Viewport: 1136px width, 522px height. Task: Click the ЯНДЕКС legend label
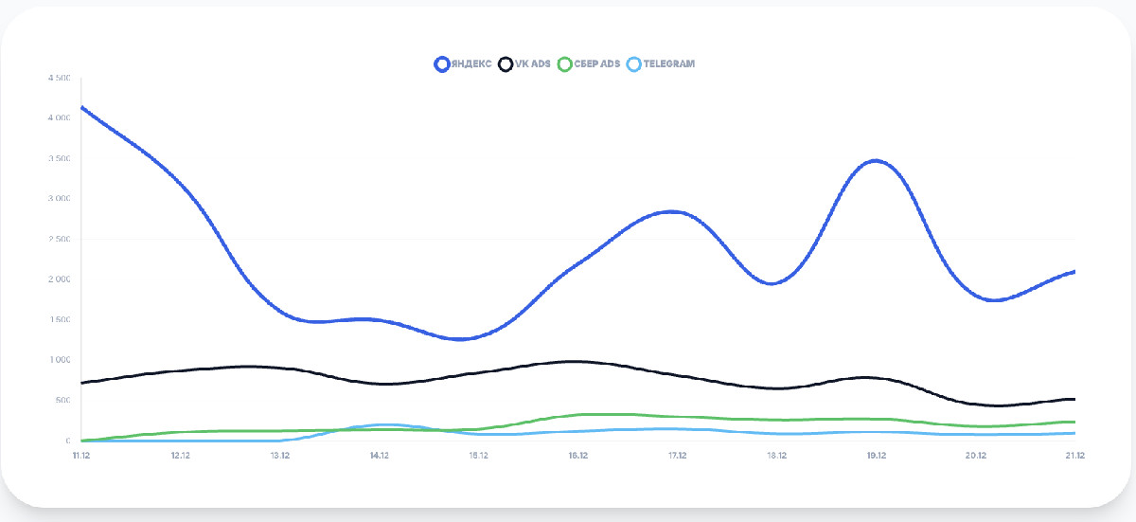tap(470, 64)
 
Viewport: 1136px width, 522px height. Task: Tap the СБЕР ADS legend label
tap(597, 64)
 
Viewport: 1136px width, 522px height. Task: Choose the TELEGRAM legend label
tap(668, 64)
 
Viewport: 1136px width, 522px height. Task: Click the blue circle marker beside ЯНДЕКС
tap(441, 64)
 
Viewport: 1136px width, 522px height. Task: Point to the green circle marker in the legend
tap(565, 64)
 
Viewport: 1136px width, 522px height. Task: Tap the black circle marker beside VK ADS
tap(506, 64)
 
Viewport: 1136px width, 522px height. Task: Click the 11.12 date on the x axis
tap(80, 456)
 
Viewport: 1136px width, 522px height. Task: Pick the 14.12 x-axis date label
tap(379, 456)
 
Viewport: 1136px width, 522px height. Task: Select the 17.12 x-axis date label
tap(677, 456)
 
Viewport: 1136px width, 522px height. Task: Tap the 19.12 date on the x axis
tap(876, 456)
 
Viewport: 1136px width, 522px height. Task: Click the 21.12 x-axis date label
tap(1074, 456)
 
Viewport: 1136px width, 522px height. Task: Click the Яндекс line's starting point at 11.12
tap(81, 107)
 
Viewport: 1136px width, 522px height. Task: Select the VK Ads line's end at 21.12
tap(1074, 399)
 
